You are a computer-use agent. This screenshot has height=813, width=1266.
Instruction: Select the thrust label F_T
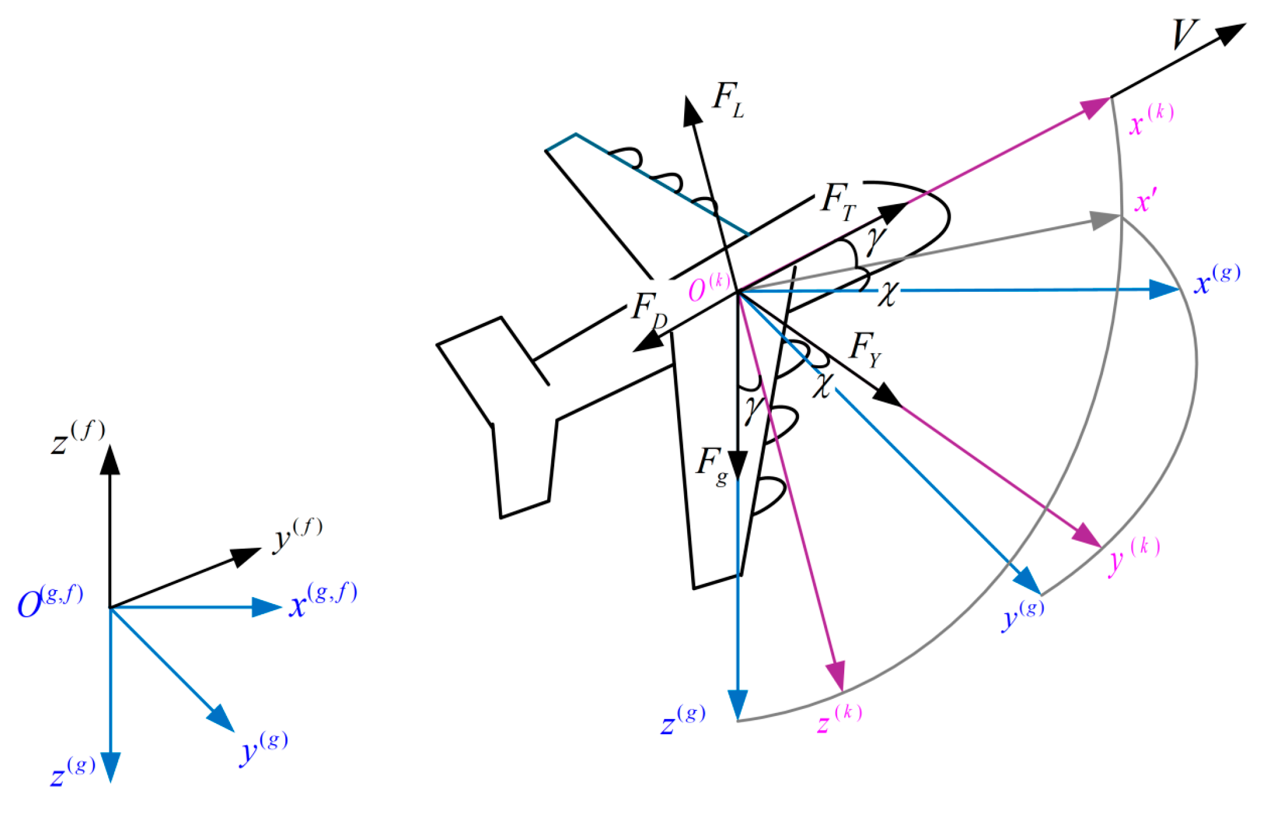(x=838, y=201)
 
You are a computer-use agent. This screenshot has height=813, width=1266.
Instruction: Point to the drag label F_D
(x=649, y=309)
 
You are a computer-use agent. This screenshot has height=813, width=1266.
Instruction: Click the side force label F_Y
(x=865, y=349)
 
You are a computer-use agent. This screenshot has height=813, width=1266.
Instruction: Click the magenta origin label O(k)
(x=708, y=288)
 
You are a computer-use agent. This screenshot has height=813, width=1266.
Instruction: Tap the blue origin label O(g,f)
(x=49, y=602)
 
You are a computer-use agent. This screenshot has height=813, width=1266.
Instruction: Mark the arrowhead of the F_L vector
(x=691, y=111)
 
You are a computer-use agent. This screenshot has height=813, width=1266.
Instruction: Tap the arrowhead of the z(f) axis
(x=110, y=460)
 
